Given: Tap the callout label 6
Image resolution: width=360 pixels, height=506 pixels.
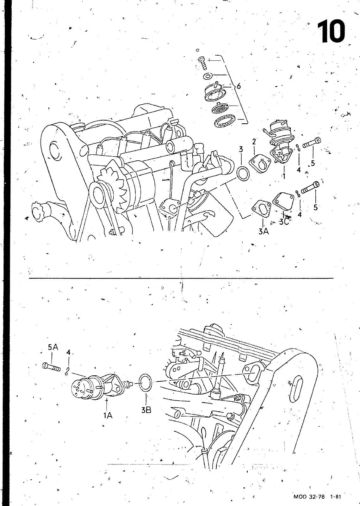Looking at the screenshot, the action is coord(239,86).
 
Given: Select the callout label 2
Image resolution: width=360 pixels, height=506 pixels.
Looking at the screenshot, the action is coord(254,142).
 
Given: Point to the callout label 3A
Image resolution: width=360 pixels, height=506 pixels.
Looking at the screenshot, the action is coord(264,231).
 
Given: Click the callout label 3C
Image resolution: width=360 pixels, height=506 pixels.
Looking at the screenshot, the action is coord(284,222).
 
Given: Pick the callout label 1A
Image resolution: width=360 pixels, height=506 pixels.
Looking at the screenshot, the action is coord(108,415).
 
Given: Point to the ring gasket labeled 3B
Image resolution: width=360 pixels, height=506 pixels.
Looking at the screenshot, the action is coord(146,382).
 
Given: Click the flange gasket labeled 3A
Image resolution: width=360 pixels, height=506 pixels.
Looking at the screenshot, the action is coord(261,209).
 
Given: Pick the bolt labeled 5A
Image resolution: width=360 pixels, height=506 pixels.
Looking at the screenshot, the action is coord(51,367).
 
